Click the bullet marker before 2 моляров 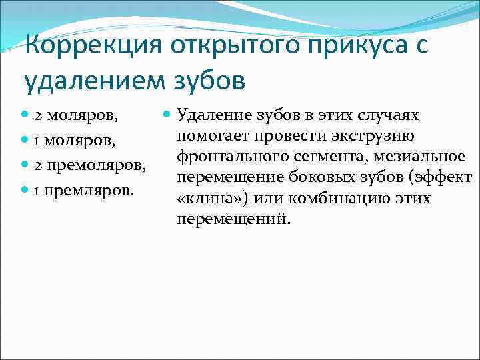tap(27, 115)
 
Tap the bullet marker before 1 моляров tap(27, 141)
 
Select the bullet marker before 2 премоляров tap(27, 165)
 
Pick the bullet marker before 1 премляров tap(27, 190)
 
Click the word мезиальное tap(419, 157)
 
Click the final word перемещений tap(234, 219)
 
